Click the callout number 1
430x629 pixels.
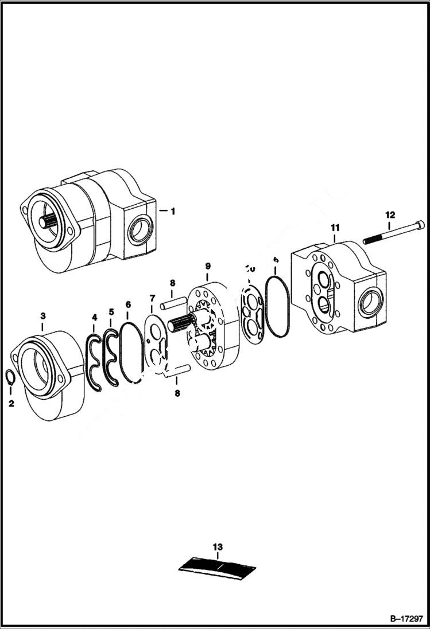(x=173, y=211)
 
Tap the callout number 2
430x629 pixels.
(x=11, y=404)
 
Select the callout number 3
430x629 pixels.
(x=42, y=316)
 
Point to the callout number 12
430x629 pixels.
(x=390, y=215)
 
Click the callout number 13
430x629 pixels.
(x=218, y=547)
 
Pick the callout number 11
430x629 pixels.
(x=335, y=228)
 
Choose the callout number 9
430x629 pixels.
(x=207, y=266)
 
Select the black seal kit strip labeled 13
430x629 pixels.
(x=218, y=567)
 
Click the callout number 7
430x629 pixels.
(x=152, y=298)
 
